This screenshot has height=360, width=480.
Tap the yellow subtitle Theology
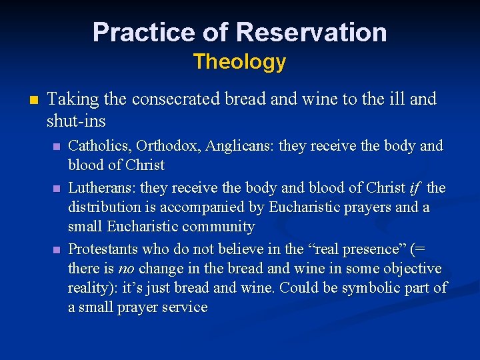239,62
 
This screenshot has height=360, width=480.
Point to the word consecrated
173,99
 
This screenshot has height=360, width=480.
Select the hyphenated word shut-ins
76,121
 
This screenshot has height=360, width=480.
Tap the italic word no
125,269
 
